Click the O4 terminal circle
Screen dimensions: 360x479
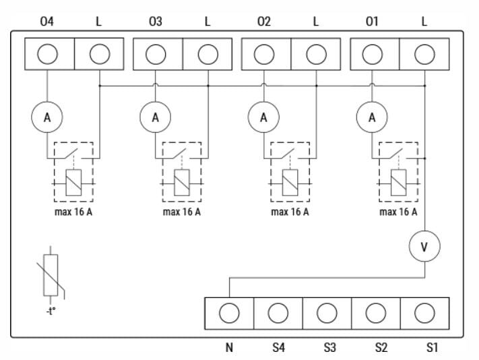(47, 54)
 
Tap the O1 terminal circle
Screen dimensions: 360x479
(372, 54)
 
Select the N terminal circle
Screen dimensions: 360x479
(229, 313)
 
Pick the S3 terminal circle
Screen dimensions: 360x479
(327, 313)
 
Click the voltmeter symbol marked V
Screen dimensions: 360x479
(424, 247)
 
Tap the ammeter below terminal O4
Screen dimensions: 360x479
(47, 117)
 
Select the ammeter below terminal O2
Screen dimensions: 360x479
(263, 117)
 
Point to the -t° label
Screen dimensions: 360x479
(51, 313)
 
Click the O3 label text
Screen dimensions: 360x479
(155, 22)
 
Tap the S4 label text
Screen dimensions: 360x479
(278, 348)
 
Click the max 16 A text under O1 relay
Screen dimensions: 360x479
(398, 212)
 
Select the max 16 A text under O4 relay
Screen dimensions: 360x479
(73, 212)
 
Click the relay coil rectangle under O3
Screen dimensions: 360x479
(182, 183)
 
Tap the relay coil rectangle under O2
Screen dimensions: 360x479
(290, 183)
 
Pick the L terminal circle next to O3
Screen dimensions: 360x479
(207, 54)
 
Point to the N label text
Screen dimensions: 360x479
(229, 348)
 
